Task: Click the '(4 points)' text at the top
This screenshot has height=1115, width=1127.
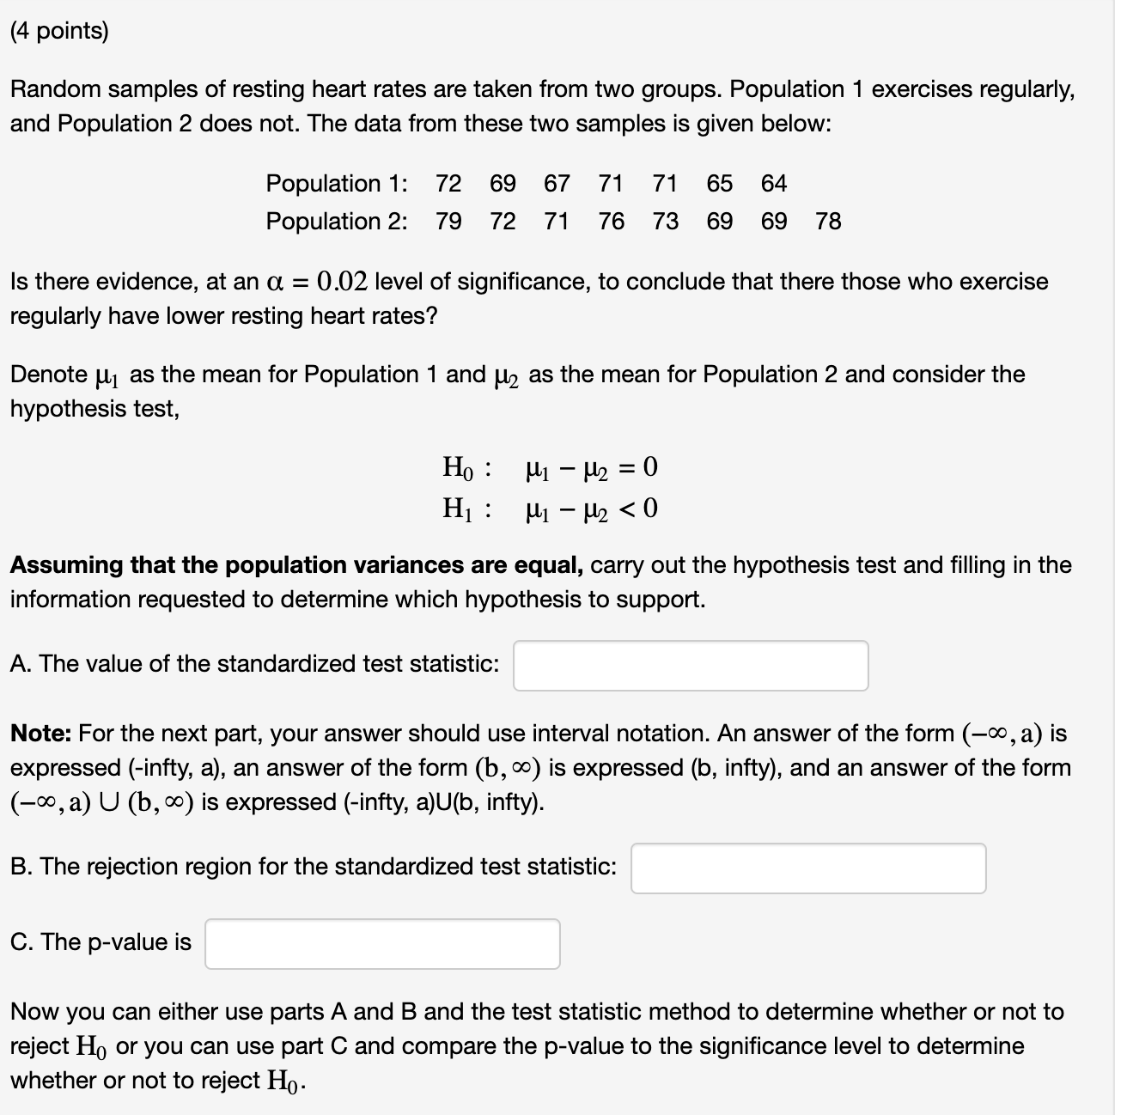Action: point(59,32)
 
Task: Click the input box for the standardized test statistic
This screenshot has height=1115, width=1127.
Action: point(691,666)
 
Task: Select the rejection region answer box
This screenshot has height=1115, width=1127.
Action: point(808,868)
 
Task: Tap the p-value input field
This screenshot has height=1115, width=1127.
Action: point(382,944)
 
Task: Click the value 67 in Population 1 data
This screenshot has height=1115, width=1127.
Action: point(557,184)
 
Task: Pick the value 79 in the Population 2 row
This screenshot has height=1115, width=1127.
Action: point(448,222)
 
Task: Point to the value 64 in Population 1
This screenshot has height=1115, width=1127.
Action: point(774,184)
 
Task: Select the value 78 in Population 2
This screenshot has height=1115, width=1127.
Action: point(828,222)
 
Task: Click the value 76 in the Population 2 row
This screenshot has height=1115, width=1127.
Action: point(612,222)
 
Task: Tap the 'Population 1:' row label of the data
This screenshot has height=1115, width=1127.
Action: point(337,184)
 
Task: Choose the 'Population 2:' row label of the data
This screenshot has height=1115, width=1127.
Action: point(337,222)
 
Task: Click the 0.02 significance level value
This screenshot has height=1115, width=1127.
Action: point(342,282)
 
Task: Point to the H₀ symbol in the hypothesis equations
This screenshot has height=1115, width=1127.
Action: point(458,468)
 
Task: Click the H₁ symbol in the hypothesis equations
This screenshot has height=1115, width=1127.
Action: point(458,509)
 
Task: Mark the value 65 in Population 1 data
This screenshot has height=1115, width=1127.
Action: point(720,184)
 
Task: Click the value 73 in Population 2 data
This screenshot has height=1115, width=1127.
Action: point(666,222)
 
